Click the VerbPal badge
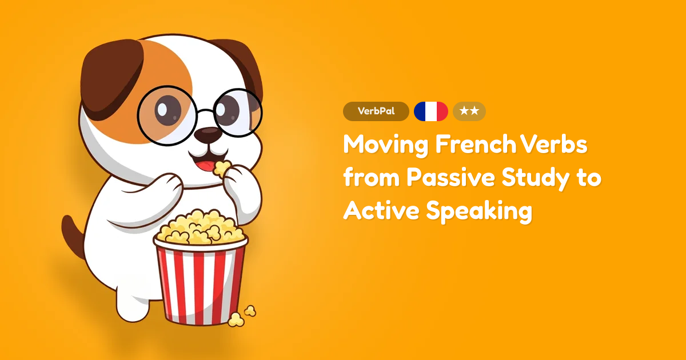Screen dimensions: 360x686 [376, 111]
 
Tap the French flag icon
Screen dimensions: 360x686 [430, 111]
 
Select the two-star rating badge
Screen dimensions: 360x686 [469, 111]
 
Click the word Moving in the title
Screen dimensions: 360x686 [385, 145]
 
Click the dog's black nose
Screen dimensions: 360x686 [207, 135]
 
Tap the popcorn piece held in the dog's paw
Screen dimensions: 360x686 [220, 167]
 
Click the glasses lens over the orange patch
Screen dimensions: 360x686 [166, 114]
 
